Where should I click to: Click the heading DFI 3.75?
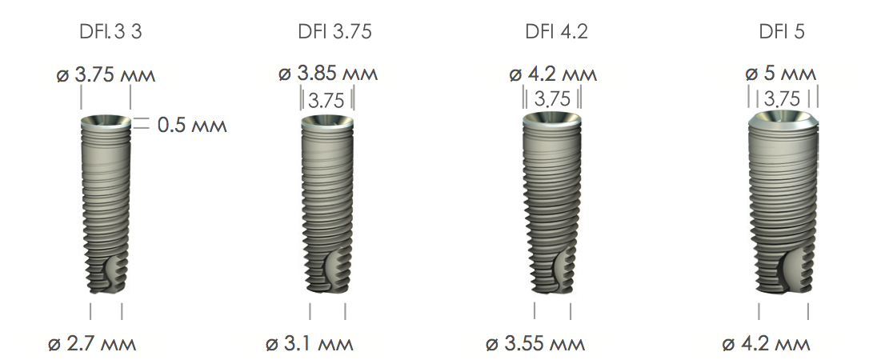click(334, 31)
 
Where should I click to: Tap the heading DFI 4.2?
click(556, 31)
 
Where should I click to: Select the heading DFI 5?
click(782, 31)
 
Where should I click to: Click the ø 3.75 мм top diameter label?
click(106, 74)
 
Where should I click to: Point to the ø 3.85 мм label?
click(328, 74)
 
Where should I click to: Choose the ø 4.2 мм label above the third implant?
click(553, 74)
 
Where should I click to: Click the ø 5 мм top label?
click(780, 73)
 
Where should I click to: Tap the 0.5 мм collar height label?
click(192, 125)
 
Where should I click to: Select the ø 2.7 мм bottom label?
click(91, 343)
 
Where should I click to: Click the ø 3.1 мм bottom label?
click(310, 343)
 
